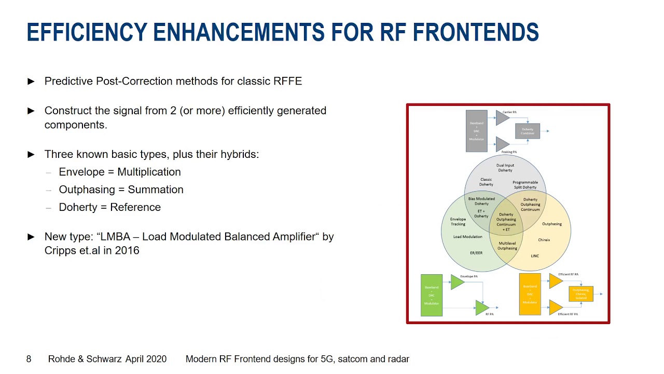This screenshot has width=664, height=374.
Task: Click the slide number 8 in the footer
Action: (x=29, y=359)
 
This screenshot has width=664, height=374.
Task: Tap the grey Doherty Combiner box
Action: (x=528, y=131)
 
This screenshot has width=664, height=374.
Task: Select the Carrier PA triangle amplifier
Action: (x=502, y=118)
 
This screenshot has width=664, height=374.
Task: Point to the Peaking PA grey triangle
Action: (x=502, y=144)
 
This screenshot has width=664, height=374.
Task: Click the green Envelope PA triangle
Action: (x=457, y=282)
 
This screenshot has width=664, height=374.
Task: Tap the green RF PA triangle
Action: (x=481, y=308)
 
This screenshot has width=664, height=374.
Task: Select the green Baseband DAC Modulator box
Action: (x=432, y=295)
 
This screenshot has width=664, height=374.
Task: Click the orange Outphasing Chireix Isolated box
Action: (x=580, y=294)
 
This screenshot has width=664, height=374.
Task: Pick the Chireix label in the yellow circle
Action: (x=544, y=240)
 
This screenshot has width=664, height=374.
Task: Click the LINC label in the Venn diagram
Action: (x=535, y=256)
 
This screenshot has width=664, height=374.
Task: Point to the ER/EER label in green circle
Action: (x=476, y=253)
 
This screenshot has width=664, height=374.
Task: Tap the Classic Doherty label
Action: (x=486, y=182)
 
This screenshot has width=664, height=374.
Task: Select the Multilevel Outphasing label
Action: (x=507, y=246)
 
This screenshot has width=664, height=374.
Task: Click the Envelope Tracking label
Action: (x=458, y=221)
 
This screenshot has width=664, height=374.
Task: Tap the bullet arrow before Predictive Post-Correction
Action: (x=31, y=82)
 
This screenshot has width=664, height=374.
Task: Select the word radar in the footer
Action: (x=397, y=359)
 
